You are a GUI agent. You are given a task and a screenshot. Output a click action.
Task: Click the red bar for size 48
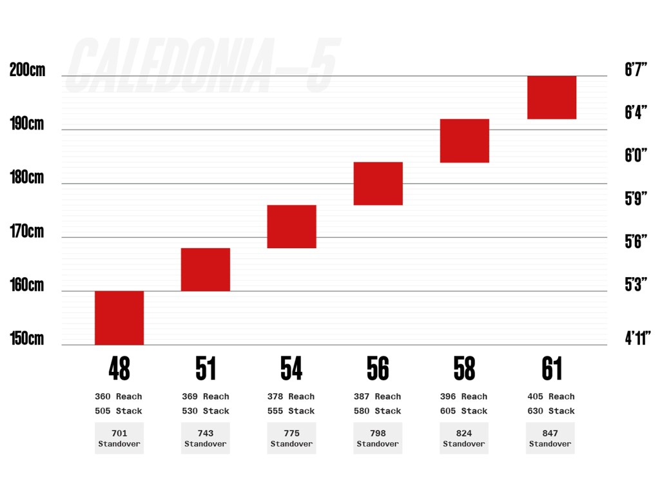point(119,318)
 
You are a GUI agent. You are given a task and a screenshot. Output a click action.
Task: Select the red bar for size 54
point(291,226)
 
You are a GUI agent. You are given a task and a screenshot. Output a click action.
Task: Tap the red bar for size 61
point(552,97)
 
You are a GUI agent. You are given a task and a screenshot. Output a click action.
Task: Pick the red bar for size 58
point(465,141)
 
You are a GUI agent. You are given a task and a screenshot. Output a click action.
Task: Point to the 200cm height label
point(28,70)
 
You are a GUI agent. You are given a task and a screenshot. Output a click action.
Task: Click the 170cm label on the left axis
point(27,231)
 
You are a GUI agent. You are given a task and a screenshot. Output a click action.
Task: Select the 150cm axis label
point(27,338)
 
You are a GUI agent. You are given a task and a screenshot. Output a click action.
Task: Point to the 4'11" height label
point(637,338)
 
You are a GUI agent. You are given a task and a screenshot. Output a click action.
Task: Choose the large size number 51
point(206,369)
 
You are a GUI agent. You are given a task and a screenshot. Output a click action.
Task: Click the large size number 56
point(378,369)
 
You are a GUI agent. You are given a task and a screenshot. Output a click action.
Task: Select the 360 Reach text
point(119,396)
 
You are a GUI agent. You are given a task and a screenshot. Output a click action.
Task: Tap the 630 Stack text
point(551,411)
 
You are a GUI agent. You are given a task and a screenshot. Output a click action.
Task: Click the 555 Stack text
point(291,411)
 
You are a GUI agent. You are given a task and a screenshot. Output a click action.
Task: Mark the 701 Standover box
point(119,438)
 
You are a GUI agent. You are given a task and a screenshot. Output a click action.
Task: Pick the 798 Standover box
point(378,438)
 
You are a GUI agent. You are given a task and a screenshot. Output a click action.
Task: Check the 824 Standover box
point(464,438)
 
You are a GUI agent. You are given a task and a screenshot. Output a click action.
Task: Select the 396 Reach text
point(464,396)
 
